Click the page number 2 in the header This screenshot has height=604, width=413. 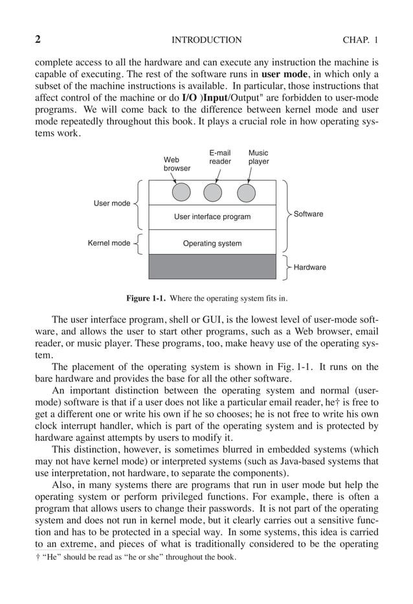[38, 40]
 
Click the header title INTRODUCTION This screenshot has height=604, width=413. [206, 40]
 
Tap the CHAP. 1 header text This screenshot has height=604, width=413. [360, 40]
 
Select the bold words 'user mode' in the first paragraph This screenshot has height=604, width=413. [284, 75]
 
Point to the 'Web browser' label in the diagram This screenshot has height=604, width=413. [177, 163]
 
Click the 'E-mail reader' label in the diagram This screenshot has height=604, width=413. [220, 157]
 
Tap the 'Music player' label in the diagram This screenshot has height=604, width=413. [259, 157]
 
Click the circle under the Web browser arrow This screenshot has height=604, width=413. [182, 192]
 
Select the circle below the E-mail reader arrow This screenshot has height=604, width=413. [213, 192]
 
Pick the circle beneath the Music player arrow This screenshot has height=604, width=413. [246, 192]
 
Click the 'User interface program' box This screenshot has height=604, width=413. [212, 216]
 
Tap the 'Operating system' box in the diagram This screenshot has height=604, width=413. [212, 243]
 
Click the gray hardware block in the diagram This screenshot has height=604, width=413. [212, 266]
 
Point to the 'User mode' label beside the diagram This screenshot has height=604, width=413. [112, 203]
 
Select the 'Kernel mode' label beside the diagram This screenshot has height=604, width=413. [109, 244]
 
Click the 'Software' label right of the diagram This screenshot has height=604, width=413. [308, 214]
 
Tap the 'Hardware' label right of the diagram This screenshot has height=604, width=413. [310, 267]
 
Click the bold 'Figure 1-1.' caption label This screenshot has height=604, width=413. [146, 299]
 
